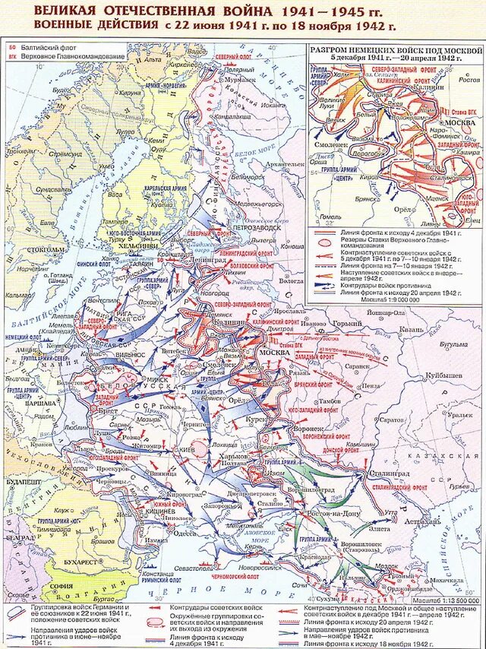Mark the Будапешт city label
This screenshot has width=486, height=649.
[22, 483]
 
